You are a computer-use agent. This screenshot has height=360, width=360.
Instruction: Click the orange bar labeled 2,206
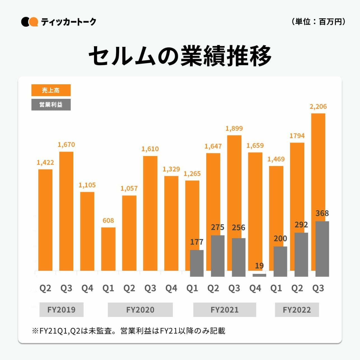[318, 165]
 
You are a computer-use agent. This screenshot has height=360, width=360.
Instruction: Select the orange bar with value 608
[108, 249]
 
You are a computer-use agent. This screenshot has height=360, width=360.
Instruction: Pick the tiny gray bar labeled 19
[259, 275]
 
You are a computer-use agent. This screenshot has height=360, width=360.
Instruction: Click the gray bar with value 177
[197, 263]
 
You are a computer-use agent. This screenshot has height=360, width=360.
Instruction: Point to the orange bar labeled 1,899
[234, 185]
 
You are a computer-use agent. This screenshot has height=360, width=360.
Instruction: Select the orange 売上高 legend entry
[51, 90]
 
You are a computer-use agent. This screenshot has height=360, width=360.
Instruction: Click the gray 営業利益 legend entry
[51, 105]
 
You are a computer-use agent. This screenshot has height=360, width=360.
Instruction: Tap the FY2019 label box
[61, 310]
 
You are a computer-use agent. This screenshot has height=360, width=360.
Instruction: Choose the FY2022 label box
[297, 310]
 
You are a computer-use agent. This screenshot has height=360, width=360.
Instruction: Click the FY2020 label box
[140, 310]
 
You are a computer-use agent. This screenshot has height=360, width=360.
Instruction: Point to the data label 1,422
[45, 162]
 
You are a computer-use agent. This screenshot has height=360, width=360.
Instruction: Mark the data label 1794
[297, 136]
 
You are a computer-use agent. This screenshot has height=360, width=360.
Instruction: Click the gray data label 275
[218, 227]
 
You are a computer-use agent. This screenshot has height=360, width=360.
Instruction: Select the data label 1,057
[129, 188]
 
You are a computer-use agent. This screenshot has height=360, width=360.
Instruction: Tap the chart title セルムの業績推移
[180, 56]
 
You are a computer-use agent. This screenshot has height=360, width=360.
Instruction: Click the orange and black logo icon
[29, 22]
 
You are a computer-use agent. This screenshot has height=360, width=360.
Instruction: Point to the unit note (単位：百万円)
[318, 22]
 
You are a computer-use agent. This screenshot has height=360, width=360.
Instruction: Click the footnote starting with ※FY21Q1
[128, 331]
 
